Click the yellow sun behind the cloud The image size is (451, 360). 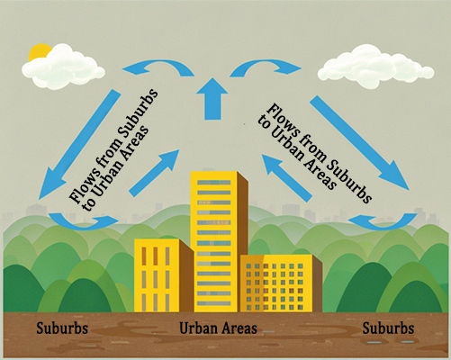[x=39, y=51]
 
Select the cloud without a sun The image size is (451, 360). [x=375, y=67]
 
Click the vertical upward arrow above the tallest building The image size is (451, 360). [x=212, y=99]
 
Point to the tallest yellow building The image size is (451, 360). [x=219, y=241]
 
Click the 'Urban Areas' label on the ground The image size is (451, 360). [x=218, y=328]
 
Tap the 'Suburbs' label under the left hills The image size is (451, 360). [x=62, y=328]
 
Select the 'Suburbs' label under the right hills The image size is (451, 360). [x=388, y=328]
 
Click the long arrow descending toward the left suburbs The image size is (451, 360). [x=79, y=145]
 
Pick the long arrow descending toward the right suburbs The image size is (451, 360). [x=360, y=143]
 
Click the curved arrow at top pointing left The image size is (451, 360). [x=158, y=67]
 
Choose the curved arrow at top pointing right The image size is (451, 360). [x=266, y=67]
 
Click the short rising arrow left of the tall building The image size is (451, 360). [x=154, y=174]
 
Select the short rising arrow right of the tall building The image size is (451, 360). [x=287, y=177]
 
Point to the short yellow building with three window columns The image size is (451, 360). [x=164, y=275]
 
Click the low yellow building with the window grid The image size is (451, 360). [x=281, y=283]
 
